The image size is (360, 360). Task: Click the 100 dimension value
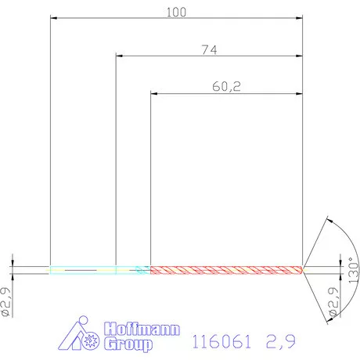pyautogui.click(x=175, y=10)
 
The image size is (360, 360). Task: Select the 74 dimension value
pyautogui.click(x=208, y=49)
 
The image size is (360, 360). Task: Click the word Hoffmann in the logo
pyautogui.click(x=139, y=329)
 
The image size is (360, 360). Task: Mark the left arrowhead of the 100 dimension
pyautogui.click(x=54, y=16)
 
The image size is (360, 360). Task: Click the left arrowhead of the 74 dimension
pyautogui.click(x=120, y=56)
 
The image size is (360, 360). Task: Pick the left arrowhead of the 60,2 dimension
pyautogui.click(x=154, y=94)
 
